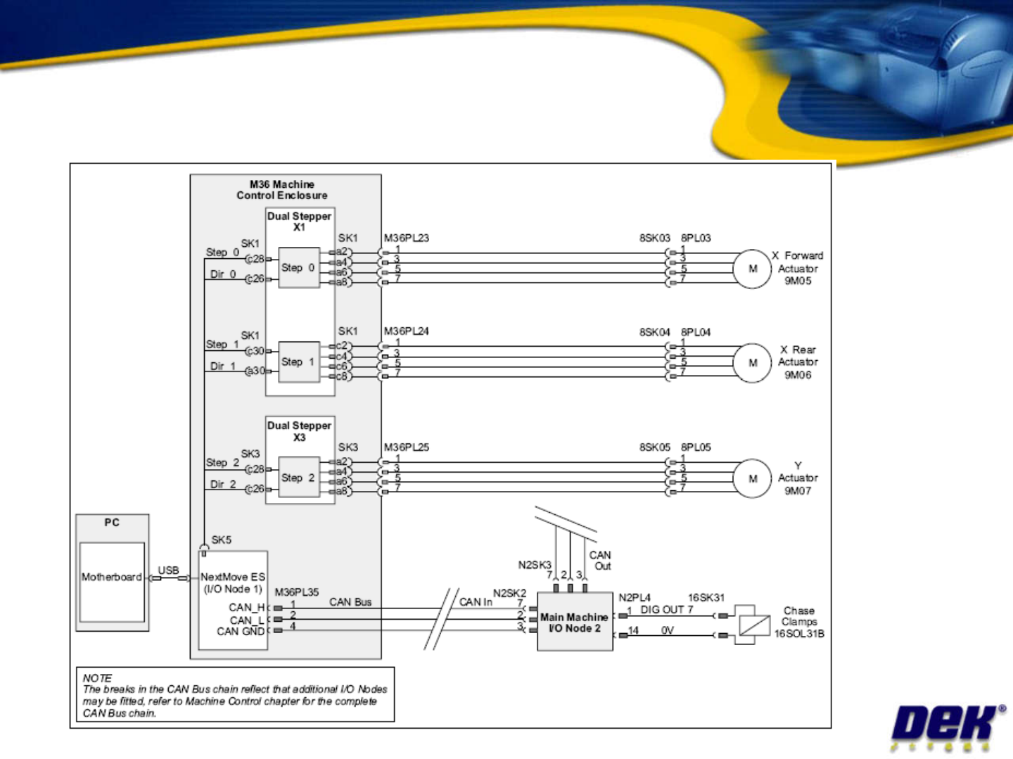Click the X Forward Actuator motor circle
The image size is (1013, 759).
pyautogui.click(x=752, y=269)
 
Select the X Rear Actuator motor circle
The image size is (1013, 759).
pyautogui.click(x=752, y=363)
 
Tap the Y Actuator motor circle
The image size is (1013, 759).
pyautogui.click(x=752, y=478)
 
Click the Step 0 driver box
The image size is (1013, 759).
pyautogui.click(x=299, y=267)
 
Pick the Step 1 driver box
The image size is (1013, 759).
pyautogui.click(x=299, y=362)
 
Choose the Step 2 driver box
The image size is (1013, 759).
pyautogui.click(x=299, y=478)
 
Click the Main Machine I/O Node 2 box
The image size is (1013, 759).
pyautogui.click(x=575, y=622)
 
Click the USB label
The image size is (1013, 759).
pyautogui.click(x=168, y=570)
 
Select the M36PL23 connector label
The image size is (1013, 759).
pyautogui.click(x=407, y=238)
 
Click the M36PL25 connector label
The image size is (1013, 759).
pyautogui.click(x=407, y=447)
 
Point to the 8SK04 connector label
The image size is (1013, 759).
pyautogui.click(x=655, y=331)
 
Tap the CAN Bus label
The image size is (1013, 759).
pyautogui.click(x=350, y=601)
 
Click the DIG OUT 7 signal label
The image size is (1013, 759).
pyautogui.click(x=666, y=609)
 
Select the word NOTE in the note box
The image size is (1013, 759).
pyautogui.click(x=97, y=678)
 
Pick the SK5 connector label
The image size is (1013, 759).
pyautogui.click(x=221, y=540)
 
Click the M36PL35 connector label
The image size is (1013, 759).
pyautogui.click(x=297, y=592)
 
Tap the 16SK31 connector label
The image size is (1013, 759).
pyautogui.click(x=706, y=597)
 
